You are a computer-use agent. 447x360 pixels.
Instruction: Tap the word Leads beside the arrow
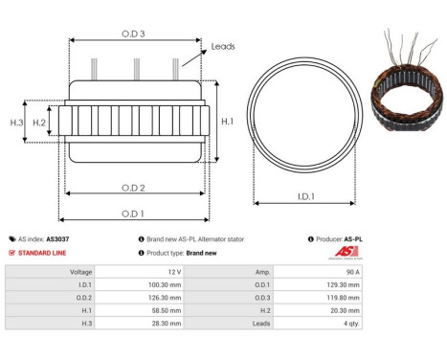pyautogui.click(x=223, y=46)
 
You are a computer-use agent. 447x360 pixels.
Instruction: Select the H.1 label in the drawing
pyautogui.click(x=226, y=122)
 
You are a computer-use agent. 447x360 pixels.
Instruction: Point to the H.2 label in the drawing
pyautogui.click(x=39, y=123)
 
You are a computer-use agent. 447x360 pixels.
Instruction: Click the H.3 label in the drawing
pyautogui.click(x=16, y=123)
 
